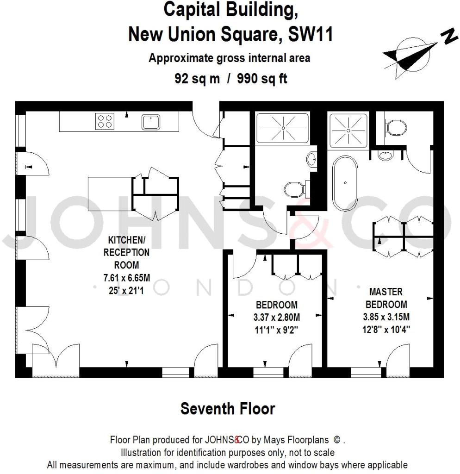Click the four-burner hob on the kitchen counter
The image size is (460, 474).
tap(105, 121)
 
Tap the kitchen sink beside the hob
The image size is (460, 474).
tap(151, 122)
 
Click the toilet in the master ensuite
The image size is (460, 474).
tap(397, 127)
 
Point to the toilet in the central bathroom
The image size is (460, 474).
tap(293, 189)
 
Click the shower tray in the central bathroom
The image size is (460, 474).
tap(282, 127)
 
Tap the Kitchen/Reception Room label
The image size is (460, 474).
tap(129, 252)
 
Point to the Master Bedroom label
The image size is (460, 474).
tap(386, 298)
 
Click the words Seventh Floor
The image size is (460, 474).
tap(228, 409)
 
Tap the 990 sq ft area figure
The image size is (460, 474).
tap(262, 78)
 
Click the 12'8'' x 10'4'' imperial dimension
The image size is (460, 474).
tap(386, 330)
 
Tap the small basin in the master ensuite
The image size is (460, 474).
tap(385, 156)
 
